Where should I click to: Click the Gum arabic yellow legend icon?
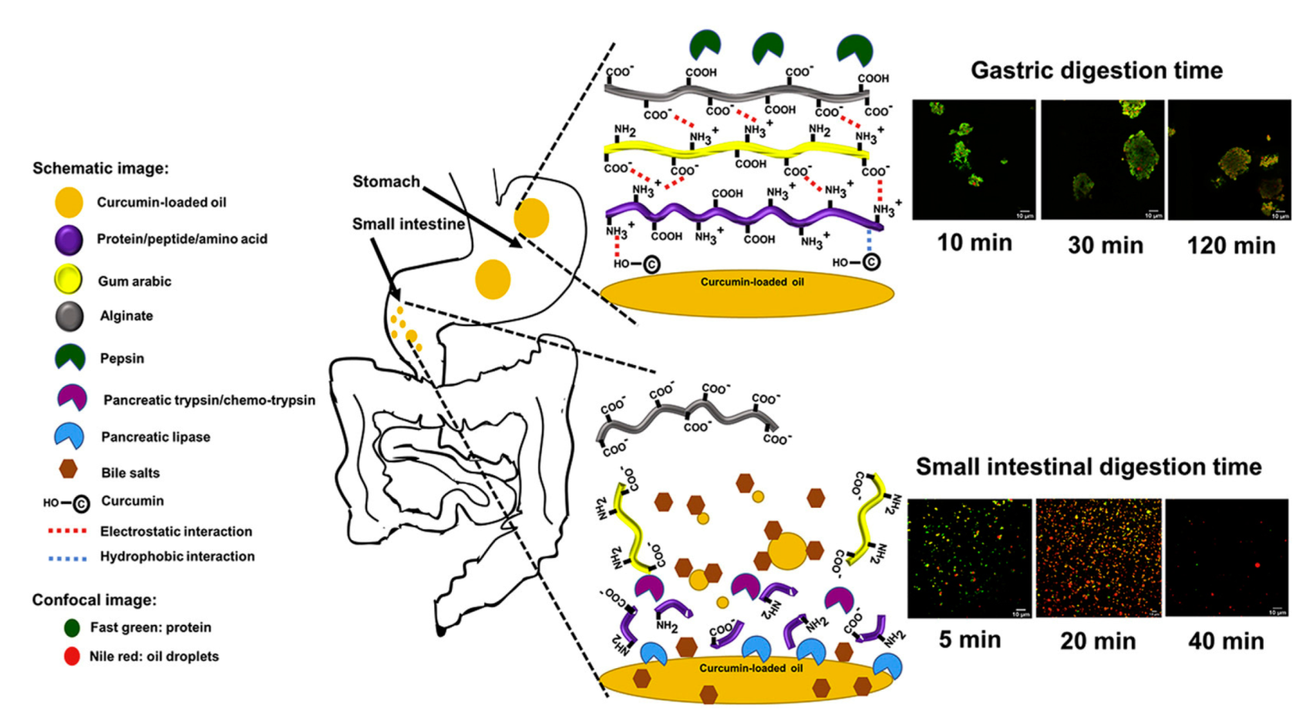[x=69, y=280]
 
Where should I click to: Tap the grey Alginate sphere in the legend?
[x=69, y=316]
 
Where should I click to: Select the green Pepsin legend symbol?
[x=69, y=358]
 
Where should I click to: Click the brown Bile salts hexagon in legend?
[x=69, y=469]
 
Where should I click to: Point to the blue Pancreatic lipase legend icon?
[x=69, y=435]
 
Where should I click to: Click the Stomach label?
[x=386, y=182]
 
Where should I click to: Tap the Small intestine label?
[x=408, y=224]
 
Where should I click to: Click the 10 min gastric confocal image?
[x=973, y=160]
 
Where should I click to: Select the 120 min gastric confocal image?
[x=1229, y=160]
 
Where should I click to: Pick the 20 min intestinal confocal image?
[x=1098, y=558]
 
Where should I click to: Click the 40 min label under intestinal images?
[x=1225, y=641]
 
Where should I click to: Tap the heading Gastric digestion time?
[x=1096, y=70]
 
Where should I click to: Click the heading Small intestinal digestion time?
[x=1088, y=467]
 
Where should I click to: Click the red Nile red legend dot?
[x=72, y=657]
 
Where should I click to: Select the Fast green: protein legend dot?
[x=72, y=627]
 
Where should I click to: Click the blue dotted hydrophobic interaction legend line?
[x=67, y=557]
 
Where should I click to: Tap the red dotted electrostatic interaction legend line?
[x=67, y=532]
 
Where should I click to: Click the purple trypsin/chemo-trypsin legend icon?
[x=72, y=398]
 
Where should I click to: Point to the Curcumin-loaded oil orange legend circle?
[x=69, y=202]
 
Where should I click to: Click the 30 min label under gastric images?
[x=1105, y=246]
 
